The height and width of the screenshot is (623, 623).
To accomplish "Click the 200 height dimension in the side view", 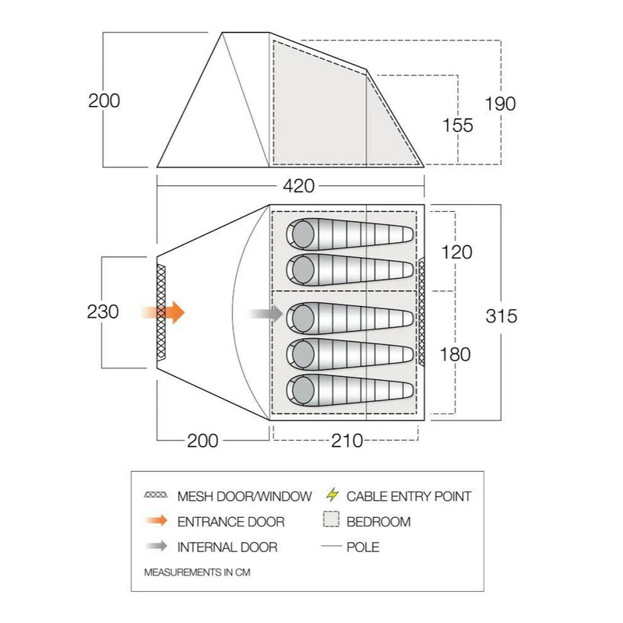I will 104,101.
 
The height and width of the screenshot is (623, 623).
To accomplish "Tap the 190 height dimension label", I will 500,104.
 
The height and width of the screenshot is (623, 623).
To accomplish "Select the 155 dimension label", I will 457,125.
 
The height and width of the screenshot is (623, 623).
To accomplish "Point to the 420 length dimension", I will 298,186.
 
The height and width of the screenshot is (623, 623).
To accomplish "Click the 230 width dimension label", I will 104,312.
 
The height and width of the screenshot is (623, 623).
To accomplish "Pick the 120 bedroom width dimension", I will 457,252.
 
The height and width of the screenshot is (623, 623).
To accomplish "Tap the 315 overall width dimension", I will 501,316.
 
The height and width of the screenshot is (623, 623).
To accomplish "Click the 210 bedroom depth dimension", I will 347,441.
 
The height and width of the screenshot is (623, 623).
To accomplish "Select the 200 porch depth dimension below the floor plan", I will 202,441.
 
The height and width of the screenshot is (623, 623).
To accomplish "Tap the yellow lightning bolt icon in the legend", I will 333,495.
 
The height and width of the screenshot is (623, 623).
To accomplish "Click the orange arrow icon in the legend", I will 156,521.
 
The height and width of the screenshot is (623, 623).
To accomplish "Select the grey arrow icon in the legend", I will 156,547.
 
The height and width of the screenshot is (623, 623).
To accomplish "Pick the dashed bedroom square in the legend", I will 333,521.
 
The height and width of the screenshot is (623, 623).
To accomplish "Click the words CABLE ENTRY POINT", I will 409,496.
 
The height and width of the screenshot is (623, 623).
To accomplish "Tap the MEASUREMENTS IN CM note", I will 198,572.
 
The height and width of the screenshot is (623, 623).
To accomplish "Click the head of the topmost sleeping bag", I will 301,232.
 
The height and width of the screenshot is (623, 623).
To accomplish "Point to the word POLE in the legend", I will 363,547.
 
